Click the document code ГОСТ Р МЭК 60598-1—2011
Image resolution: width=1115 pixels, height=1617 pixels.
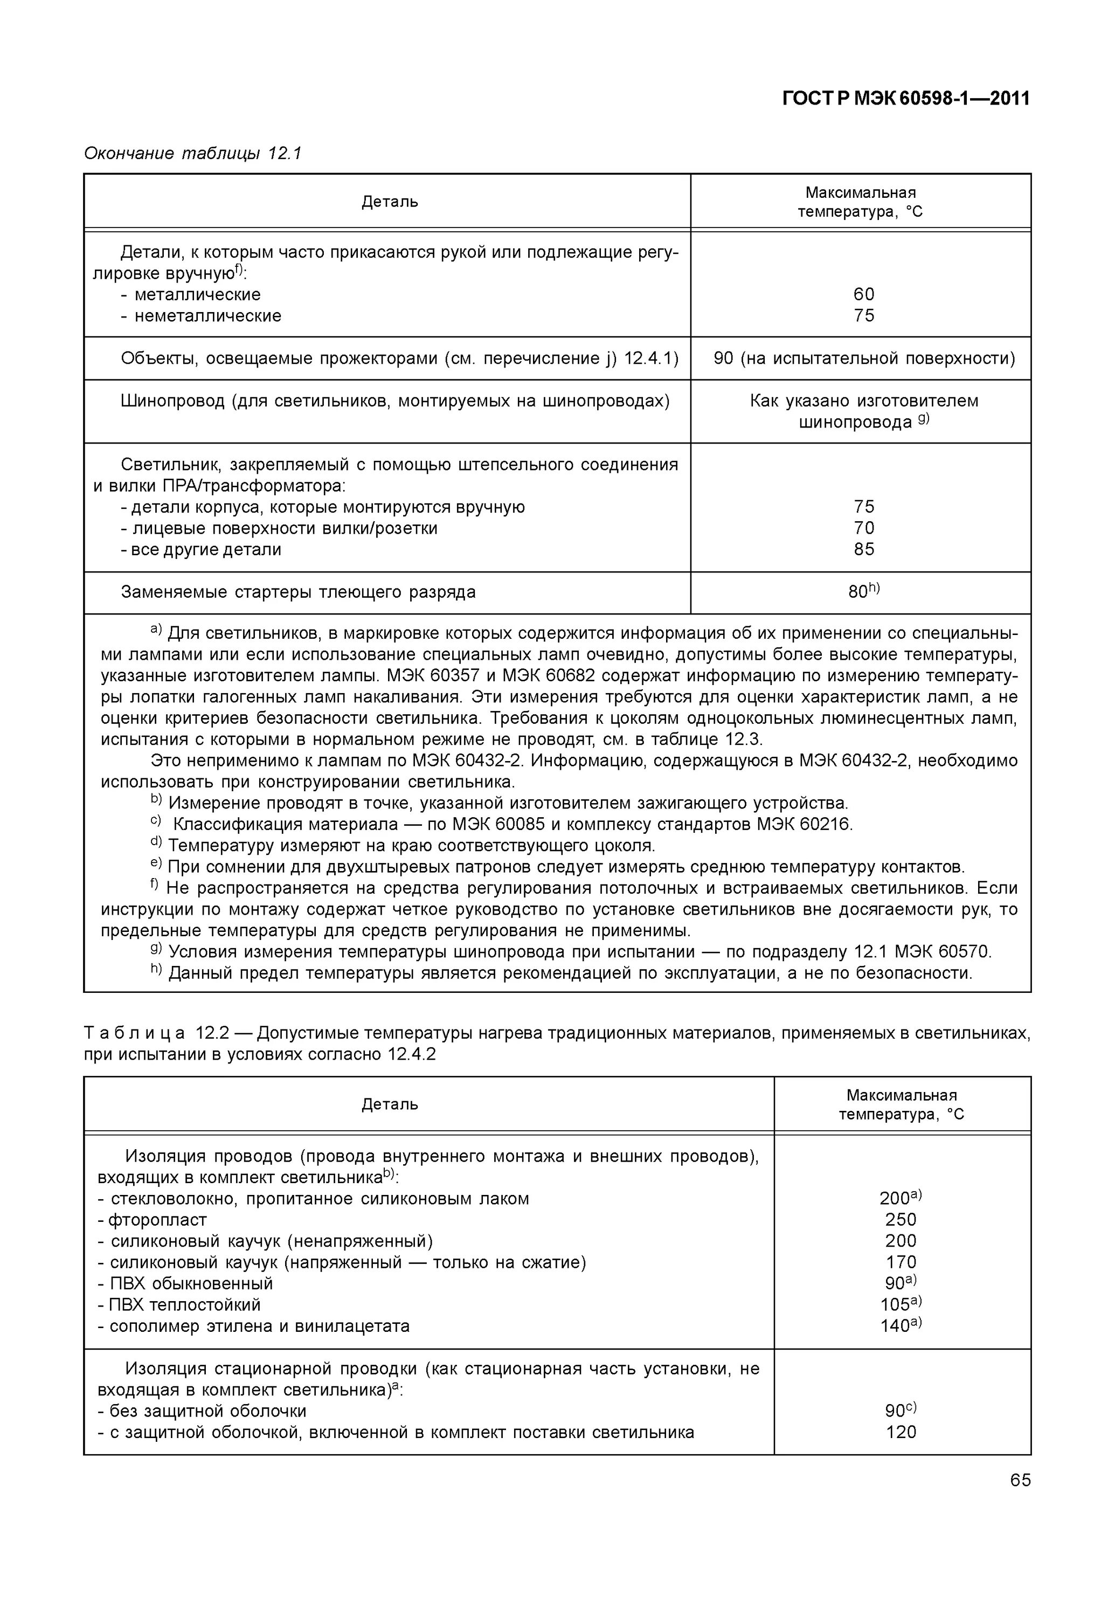coord(905,99)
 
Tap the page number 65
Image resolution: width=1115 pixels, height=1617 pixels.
coord(1019,1480)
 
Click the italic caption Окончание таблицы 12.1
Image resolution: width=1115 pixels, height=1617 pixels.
coord(192,153)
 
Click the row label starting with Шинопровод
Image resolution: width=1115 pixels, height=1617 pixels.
coord(394,401)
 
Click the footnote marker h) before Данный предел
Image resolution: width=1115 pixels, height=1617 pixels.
coord(156,970)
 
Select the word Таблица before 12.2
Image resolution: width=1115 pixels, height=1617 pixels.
coord(135,1033)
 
